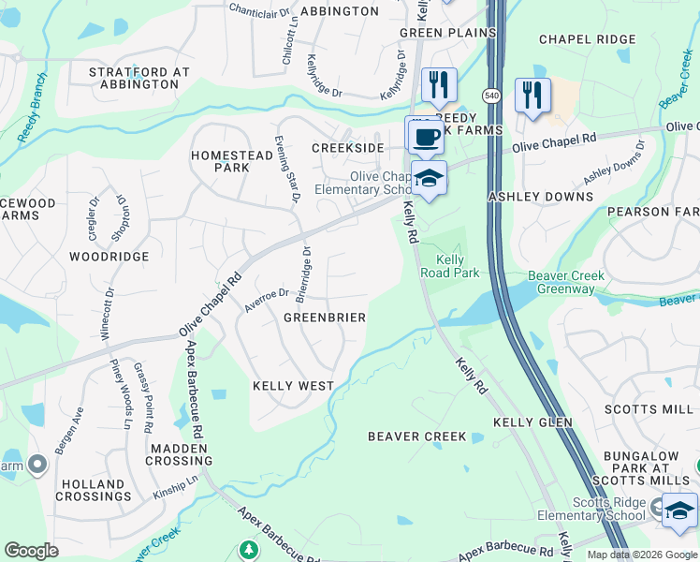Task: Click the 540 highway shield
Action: [x=491, y=96]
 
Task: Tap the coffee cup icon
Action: [x=425, y=137]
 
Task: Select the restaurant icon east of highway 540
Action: [x=532, y=96]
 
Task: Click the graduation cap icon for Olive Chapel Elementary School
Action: [x=429, y=179]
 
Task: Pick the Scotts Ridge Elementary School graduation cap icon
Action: [x=679, y=511]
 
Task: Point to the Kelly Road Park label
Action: [x=458, y=266]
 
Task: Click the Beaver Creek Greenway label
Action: [x=565, y=283]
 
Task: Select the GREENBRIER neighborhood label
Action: [x=324, y=318]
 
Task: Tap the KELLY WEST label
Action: [x=293, y=386]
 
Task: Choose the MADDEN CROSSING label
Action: [x=178, y=454]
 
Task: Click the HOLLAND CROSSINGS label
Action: [x=92, y=491]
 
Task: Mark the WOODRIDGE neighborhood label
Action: [x=109, y=256]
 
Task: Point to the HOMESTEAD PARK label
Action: [x=220, y=161]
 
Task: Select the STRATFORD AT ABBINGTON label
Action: [x=139, y=78]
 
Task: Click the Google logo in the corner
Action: [x=31, y=551]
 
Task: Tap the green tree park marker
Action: [x=248, y=549]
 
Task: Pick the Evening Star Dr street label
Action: [x=286, y=170]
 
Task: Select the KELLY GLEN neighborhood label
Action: [x=532, y=423]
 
